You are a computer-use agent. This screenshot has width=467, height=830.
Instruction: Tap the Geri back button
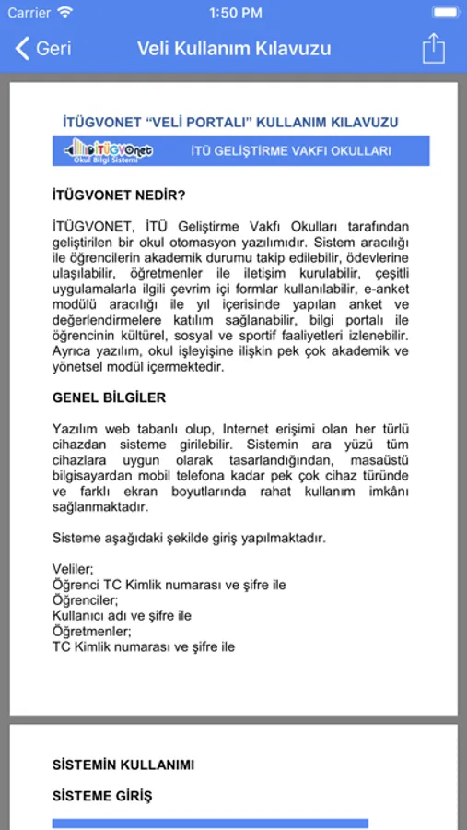coord(43,48)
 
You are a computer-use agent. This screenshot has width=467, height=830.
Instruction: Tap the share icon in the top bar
coord(434,48)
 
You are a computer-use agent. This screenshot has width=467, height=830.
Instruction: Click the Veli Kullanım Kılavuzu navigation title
coord(234,48)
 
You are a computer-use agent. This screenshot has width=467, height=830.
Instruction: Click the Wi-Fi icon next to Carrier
coord(64,13)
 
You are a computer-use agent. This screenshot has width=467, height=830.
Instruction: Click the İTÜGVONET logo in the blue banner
coord(108,150)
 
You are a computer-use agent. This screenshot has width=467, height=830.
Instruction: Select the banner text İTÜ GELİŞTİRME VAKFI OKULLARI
coord(290,150)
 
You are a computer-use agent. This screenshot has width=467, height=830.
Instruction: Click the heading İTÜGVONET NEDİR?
coord(119,195)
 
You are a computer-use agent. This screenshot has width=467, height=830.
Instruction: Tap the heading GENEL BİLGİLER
coord(110,397)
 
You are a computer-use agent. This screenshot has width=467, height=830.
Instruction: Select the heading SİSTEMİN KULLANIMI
coord(123,765)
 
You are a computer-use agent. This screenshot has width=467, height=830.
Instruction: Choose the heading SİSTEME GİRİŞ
coord(102,796)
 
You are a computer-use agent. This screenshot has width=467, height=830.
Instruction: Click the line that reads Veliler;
coord(73,569)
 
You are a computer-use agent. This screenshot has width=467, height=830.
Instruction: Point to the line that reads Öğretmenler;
coord(92,632)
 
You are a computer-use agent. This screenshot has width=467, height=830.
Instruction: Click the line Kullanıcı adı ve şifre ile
coord(122,616)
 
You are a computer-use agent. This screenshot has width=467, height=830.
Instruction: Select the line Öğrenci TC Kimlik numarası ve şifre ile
coord(169,585)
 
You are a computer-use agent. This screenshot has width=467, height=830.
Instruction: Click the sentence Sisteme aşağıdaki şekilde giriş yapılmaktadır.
coord(189,538)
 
